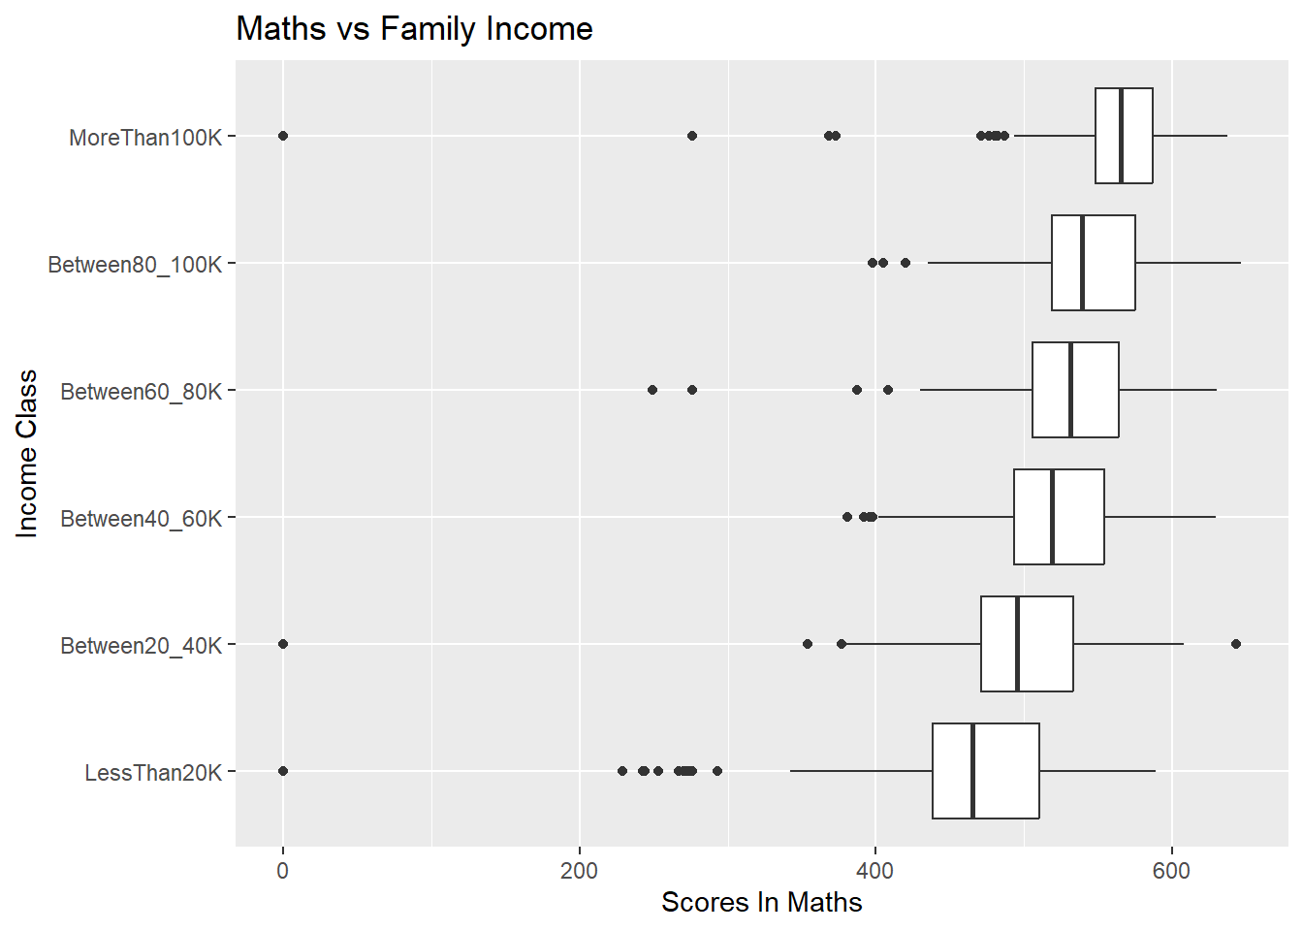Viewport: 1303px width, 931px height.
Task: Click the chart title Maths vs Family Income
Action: point(414,29)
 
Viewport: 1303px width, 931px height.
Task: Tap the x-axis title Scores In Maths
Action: point(761,903)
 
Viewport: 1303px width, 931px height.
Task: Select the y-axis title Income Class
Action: point(27,453)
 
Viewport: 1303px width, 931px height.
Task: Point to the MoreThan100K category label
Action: point(145,138)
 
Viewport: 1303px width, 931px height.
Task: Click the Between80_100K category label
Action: point(135,265)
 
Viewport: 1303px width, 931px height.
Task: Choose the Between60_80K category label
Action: point(141,392)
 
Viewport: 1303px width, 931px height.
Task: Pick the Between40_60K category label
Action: point(141,519)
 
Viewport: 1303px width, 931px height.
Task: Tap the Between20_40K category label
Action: point(141,646)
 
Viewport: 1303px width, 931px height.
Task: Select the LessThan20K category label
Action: point(153,773)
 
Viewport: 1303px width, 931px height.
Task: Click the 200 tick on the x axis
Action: point(579,871)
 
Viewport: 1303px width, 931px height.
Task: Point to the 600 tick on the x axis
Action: point(1171,871)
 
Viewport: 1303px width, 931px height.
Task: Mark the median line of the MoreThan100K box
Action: point(1121,136)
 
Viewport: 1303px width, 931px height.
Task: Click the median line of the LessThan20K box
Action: point(972,771)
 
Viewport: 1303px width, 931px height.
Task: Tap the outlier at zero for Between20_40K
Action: point(283,644)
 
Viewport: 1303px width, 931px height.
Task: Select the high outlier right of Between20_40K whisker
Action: point(1235,644)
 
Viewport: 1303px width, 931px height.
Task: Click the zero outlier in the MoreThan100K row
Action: point(283,136)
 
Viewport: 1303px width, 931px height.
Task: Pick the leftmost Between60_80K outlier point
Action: point(652,390)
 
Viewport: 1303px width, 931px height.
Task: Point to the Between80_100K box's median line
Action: point(1082,263)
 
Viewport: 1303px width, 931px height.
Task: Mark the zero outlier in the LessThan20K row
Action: point(283,771)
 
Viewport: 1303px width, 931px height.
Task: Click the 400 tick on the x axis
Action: point(875,871)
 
